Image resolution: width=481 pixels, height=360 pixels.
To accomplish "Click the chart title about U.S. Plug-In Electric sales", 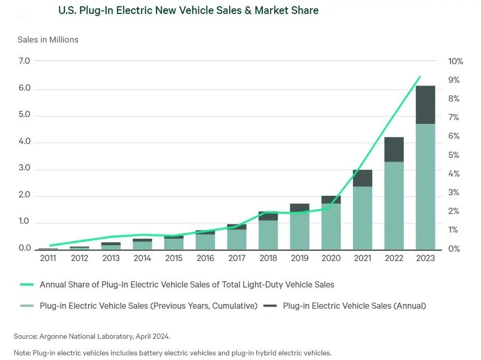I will (x=188, y=10).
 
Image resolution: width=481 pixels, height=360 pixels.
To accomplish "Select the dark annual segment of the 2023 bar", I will (x=425, y=105).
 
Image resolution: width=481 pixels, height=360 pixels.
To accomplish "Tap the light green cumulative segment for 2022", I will (x=393, y=205).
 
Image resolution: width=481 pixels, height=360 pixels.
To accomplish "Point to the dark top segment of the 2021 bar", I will (x=362, y=178).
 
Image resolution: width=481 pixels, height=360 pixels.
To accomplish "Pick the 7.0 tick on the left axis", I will (x=24, y=61).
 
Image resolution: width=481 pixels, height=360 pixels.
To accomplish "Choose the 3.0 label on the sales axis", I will (x=24, y=169).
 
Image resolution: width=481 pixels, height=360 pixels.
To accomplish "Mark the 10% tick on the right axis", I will (x=456, y=61).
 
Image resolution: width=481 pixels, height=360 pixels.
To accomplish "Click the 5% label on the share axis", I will (x=454, y=155).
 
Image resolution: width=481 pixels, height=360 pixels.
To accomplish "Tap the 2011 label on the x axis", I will (x=48, y=258).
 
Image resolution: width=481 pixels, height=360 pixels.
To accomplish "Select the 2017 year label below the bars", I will (x=236, y=258).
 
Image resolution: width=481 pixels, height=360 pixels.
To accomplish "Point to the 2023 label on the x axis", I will (x=425, y=258).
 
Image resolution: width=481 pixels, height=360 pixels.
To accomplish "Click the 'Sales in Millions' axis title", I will (x=48, y=39).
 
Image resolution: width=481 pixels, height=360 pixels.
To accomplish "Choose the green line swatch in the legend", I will (x=26, y=284).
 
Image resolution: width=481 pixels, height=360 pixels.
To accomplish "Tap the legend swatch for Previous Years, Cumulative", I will (x=26, y=306).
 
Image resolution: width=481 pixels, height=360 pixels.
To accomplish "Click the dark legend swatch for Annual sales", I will (x=270, y=306).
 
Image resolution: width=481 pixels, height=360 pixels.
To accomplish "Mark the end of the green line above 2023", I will (x=420, y=77).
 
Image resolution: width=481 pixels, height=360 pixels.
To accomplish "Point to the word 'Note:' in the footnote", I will (x=22, y=353).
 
